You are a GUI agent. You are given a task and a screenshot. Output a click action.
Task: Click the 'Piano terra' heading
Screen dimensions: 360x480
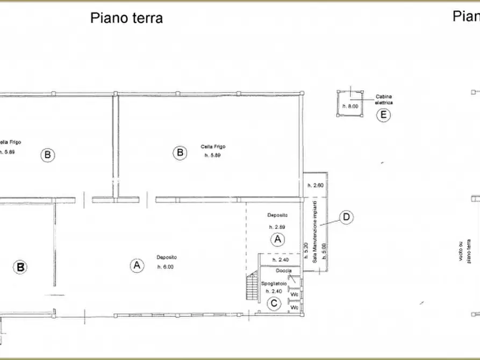click(126, 18)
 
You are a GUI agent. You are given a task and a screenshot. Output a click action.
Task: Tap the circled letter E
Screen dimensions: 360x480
click(383, 114)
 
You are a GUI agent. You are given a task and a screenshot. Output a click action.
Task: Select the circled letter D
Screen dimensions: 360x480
click(347, 217)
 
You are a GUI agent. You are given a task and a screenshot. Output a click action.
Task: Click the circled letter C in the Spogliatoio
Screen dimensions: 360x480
click(274, 304)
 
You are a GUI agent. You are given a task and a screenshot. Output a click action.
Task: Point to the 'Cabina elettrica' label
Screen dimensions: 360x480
click(384, 99)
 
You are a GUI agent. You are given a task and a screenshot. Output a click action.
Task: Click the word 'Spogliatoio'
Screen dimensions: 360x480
click(273, 282)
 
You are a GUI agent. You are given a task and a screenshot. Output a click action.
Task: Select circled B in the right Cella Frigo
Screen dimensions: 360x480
click(180, 153)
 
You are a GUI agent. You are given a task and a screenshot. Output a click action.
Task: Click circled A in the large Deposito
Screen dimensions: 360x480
click(137, 265)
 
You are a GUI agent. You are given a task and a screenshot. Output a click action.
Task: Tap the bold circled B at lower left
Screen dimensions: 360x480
click(20, 267)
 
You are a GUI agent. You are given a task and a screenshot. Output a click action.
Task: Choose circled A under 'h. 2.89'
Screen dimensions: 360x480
click(277, 239)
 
